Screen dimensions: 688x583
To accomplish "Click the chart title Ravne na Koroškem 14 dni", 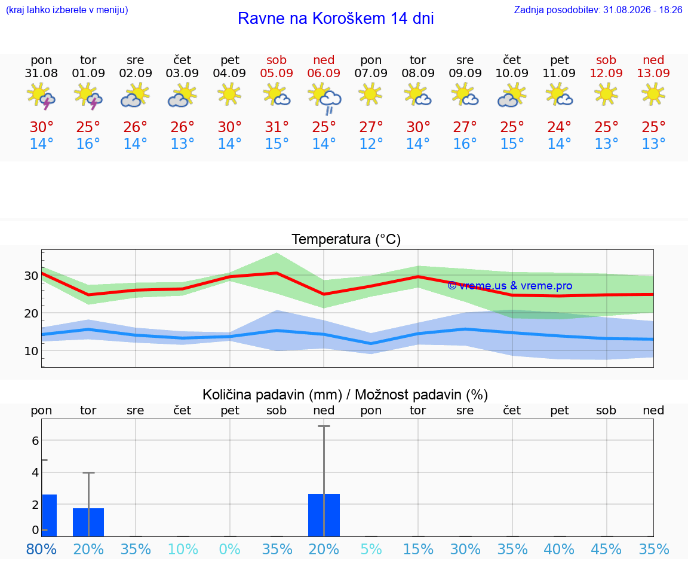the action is (x=336, y=19).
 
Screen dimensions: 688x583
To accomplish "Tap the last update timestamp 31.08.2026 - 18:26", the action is (x=643, y=10).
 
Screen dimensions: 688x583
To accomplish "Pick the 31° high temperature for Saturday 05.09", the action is (x=277, y=127).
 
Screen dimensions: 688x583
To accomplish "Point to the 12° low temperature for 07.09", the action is (x=371, y=144).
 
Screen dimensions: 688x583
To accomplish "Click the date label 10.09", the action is (x=512, y=74).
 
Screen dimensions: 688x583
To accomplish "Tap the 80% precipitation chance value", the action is (x=41, y=549).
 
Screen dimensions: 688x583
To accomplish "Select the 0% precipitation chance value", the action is (x=230, y=549).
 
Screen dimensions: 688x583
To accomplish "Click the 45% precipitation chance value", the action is (x=606, y=549).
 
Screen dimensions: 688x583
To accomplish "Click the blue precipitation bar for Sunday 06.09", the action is (x=324, y=515).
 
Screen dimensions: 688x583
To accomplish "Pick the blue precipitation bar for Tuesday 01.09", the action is (x=88, y=522).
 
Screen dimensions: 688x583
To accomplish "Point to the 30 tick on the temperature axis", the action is (x=31, y=276).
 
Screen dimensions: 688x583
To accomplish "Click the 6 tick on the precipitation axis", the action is (x=36, y=441).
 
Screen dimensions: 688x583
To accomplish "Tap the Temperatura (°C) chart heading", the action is (x=346, y=239).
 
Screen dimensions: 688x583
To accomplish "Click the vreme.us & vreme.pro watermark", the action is (x=510, y=286).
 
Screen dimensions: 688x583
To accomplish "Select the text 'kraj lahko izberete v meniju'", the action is (x=67, y=10).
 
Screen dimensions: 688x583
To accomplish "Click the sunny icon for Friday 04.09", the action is (x=229, y=94).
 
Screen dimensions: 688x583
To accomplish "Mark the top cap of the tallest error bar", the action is (x=324, y=426).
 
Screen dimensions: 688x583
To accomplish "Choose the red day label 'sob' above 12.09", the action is (x=606, y=60).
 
